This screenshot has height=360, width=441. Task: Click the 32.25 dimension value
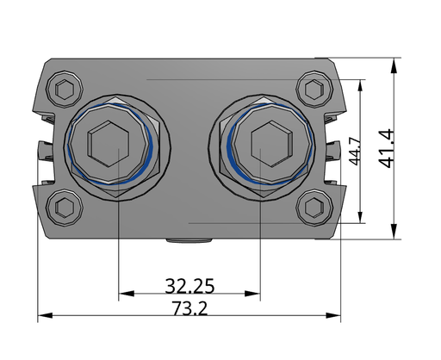(189, 286)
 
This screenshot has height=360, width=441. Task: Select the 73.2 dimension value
(189, 308)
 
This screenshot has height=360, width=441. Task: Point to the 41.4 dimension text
(386, 148)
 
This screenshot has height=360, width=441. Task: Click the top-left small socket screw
(65, 89)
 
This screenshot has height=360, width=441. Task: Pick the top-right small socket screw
(314, 90)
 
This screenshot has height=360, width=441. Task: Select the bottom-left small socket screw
(65, 208)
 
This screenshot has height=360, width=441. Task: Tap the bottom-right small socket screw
(314, 208)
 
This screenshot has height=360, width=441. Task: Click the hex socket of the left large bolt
(108, 144)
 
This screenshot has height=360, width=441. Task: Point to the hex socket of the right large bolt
(271, 144)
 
